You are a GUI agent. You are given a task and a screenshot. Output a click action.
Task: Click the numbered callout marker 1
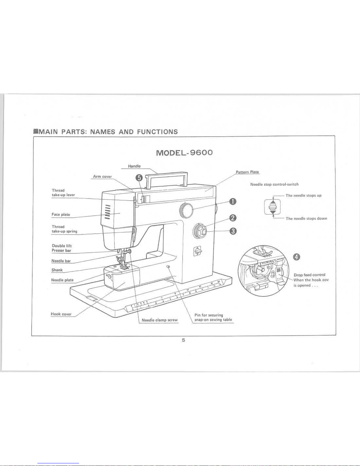[233, 202]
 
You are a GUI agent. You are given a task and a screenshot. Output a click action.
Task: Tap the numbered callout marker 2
[233, 218]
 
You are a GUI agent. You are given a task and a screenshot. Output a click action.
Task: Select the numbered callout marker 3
[233, 231]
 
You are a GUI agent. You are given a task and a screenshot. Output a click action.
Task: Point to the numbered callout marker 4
[296, 257]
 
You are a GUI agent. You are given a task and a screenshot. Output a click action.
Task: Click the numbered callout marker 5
[139, 178]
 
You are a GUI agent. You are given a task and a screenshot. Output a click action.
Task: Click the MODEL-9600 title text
[184, 153]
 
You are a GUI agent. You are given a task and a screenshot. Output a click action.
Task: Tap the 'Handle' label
[134, 166]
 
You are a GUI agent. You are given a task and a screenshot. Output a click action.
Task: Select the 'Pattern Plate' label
[247, 172]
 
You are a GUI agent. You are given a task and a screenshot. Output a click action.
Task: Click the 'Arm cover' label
[103, 176]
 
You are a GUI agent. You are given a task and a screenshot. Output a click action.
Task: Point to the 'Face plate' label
[61, 214]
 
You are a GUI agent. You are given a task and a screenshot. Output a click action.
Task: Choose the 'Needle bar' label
[61, 261]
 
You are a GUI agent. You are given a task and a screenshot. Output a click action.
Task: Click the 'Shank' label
[57, 270]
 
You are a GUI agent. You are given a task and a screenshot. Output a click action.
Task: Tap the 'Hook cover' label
[61, 314]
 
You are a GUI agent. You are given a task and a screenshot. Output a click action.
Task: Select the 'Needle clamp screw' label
[160, 320]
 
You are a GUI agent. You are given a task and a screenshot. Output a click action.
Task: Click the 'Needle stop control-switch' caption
[274, 184]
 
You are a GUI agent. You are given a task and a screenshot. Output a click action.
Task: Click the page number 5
[183, 340]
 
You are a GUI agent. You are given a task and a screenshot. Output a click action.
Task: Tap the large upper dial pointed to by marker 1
[186, 211]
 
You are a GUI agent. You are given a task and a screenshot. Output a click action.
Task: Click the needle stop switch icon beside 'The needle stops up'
[272, 207]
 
